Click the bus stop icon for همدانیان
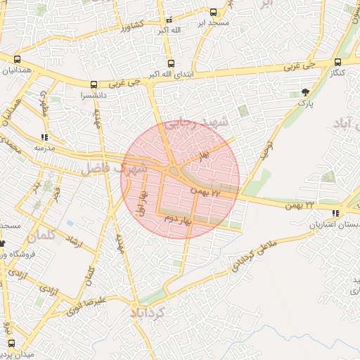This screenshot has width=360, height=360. point(16,60)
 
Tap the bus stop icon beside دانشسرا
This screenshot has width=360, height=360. point(95,84)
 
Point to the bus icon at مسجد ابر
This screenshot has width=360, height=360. point(214,12)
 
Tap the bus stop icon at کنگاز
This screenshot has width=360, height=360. point(338,62)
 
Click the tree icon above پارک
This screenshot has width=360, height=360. point(304,92)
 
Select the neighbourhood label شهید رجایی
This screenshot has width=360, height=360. point(205,124)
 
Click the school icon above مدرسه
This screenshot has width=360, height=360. point(45,138)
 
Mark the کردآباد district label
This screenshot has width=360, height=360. point(148,311)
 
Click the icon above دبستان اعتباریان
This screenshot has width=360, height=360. point(335,213)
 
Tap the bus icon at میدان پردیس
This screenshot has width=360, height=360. point(11,343)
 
